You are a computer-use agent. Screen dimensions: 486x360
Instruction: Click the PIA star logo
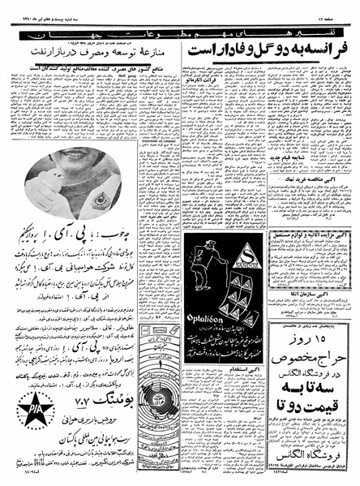pyautogui.click(x=33, y=406)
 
